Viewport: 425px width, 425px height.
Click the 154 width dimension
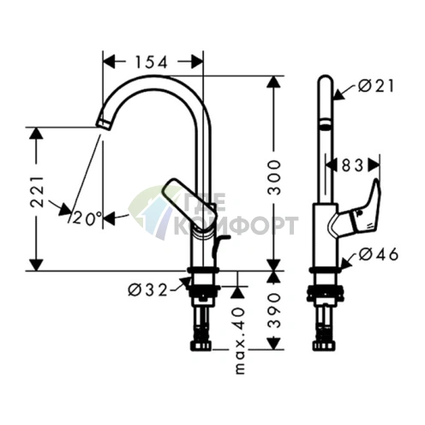pyautogui.click(x=152, y=63)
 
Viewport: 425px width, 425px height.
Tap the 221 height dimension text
pyautogui.click(x=37, y=192)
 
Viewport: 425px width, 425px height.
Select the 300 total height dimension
pyautogui.click(x=274, y=177)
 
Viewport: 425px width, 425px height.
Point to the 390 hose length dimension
pyautogui.click(x=274, y=310)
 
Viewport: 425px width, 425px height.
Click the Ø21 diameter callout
pyautogui.click(x=376, y=86)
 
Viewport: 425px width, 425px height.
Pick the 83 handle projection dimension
pyautogui.click(x=353, y=165)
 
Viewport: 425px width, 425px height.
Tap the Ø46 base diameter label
pyautogui.click(x=378, y=254)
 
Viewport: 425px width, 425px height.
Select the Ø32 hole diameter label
pyautogui.click(x=147, y=290)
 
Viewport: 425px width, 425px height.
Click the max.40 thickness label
pyautogui.click(x=240, y=340)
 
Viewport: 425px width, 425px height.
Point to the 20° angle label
pyautogui.click(x=87, y=218)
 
